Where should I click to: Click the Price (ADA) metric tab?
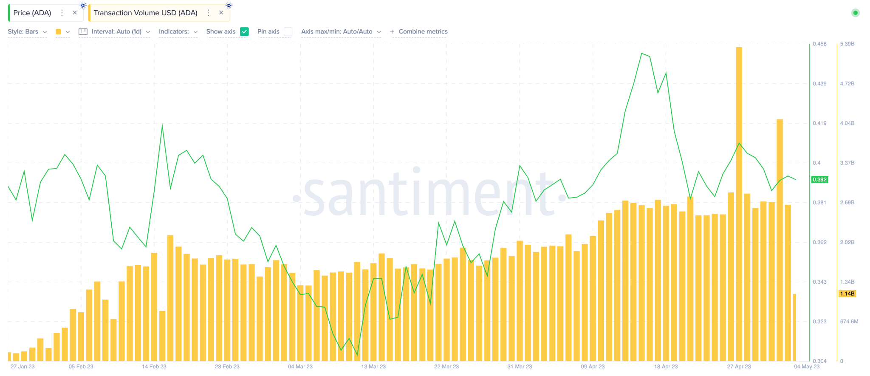(x=32, y=13)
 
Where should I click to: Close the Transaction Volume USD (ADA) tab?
(x=221, y=13)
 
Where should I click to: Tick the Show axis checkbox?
(x=244, y=31)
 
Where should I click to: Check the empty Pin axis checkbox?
(x=288, y=31)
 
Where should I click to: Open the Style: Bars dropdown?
(x=27, y=31)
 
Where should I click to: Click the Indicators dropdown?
(x=178, y=31)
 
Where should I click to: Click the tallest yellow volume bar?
(x=739, y=204)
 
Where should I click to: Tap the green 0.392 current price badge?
(x=819, y=179)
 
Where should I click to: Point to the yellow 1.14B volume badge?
(x=847, y=294)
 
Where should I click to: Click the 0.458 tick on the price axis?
(x=819, y=44)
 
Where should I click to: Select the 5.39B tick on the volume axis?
(x=847, y=44)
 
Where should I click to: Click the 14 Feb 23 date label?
(x=154, y=366)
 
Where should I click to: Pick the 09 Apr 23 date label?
(x=593, y=366)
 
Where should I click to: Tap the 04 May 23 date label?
(x=807, y=366)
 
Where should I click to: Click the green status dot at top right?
(x=856, y=13)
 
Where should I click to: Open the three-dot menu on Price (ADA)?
(x=62, y=13)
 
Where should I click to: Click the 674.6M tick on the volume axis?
(x=849, y=321)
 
